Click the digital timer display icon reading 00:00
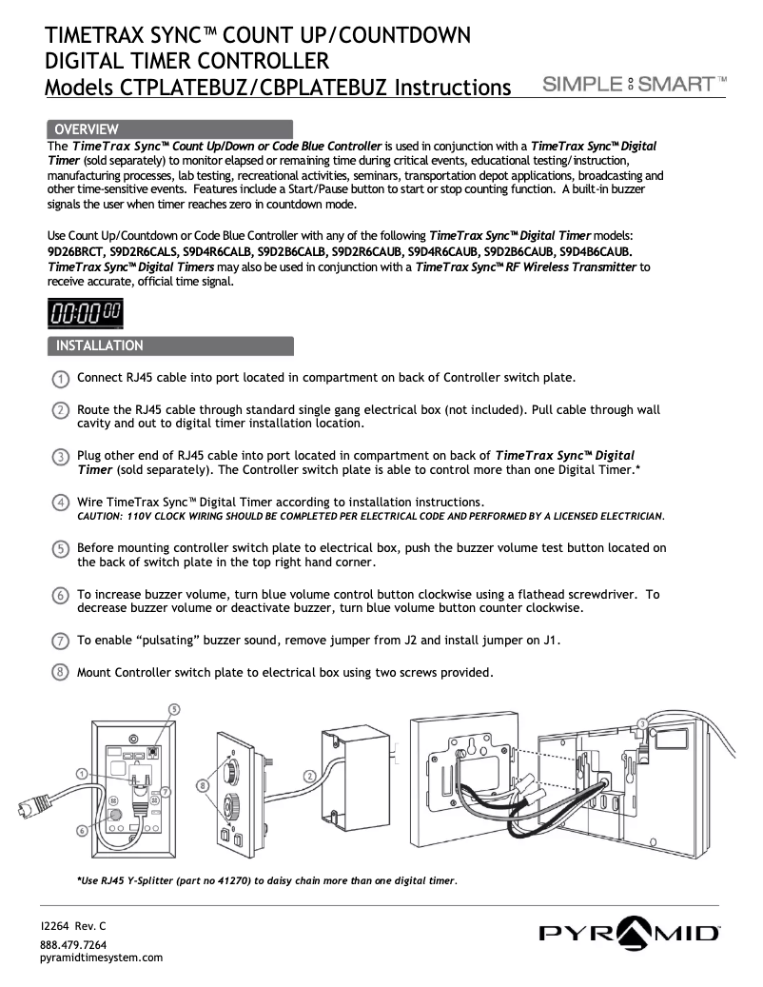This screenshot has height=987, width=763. point(85,312)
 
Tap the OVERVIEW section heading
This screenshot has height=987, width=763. point(86,128)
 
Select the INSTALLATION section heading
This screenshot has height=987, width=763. point(100,345)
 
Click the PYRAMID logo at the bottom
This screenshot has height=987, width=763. point(630,932)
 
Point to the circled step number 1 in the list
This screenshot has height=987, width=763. point(60,378)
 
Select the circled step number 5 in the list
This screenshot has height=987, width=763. point(60,549)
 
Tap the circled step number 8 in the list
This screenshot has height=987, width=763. point(60,673)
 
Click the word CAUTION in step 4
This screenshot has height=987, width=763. point(101,516)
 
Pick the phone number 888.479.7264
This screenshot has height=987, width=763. point(73,944)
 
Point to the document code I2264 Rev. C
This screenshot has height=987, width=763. point(73,925)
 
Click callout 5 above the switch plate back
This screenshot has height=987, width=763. point(174,709)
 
